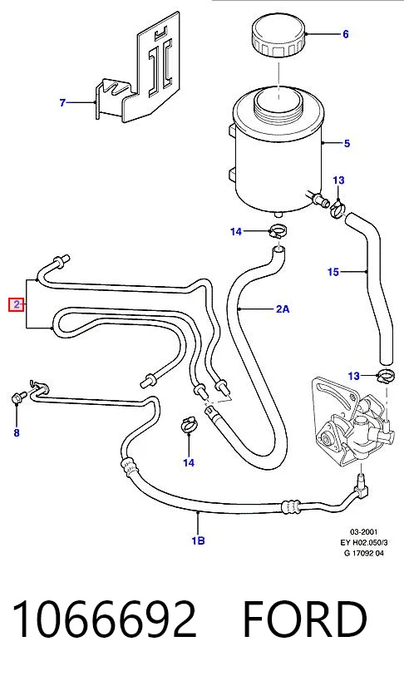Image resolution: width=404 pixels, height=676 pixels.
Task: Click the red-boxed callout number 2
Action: tap(16, 305)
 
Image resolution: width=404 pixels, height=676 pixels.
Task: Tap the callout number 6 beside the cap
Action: tap(345, 34)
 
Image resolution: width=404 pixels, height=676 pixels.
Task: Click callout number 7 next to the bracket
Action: tap(62, 102)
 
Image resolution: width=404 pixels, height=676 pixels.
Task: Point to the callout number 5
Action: tap(347, 143)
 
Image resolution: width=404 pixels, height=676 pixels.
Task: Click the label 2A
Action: tap(283, 308)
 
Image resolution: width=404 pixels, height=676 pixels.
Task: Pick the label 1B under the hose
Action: tap(198, 540)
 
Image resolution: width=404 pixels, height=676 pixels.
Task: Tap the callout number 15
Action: tap(333, 272)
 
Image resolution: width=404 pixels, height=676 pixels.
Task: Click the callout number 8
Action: tap(17, 432)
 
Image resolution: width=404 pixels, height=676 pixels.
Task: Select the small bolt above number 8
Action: tap(18, 397)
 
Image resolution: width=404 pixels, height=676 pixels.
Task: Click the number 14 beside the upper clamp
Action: tap(236, 232)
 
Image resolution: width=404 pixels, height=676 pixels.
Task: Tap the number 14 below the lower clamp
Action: tap(189, 462)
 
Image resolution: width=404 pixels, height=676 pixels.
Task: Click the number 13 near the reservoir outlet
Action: tap(339, 180)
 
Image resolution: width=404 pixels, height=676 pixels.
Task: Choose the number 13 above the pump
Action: tap(353, 376)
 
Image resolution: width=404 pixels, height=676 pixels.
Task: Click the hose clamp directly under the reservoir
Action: tap(278, 232)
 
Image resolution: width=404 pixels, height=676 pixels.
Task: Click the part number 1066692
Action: tap(105, 619)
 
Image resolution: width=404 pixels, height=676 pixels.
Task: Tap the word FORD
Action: tap(305, 619)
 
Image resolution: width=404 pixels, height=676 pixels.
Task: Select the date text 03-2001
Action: tap(363, 532)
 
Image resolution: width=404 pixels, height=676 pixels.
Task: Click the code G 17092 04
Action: tap(363, 553)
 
